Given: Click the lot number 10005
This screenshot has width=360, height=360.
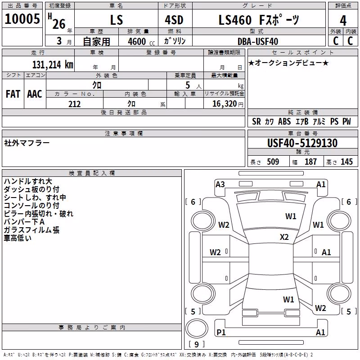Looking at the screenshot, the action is tap(22, 19).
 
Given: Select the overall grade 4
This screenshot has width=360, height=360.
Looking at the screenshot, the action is tap(343, 21).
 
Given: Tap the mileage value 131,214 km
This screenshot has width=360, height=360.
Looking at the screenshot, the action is tap(53, 65).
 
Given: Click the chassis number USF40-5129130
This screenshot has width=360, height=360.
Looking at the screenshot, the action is tap(302, 143).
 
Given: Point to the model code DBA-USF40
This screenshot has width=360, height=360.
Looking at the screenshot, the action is tap(258, 41).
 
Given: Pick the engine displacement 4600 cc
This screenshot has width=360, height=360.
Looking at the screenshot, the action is tap(141, 41).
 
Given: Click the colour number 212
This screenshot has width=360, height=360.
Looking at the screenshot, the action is tap(74, 104).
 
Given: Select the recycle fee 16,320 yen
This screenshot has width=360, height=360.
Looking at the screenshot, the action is tap(228, 104).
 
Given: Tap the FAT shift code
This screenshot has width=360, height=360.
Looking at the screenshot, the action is tap(13, 94).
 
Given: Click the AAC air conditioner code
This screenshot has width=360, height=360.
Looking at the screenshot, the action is tap(35, 94).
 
